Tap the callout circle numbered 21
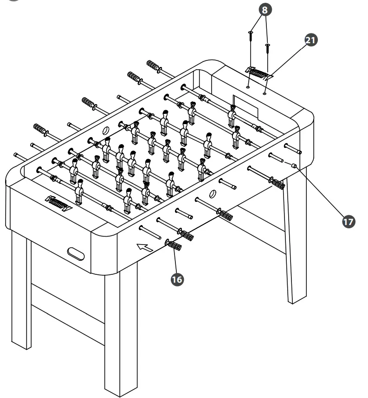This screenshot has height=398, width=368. click(310, 40)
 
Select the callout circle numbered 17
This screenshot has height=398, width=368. click(347, 222)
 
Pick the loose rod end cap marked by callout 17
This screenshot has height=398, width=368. click(294, 165)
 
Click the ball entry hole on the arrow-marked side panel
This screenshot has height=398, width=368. click(213, 192)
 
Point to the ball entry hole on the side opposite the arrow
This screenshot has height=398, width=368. click(105, 131)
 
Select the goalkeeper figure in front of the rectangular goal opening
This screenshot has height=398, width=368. click(232, 115)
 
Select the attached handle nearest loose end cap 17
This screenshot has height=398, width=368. click(277, 184)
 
